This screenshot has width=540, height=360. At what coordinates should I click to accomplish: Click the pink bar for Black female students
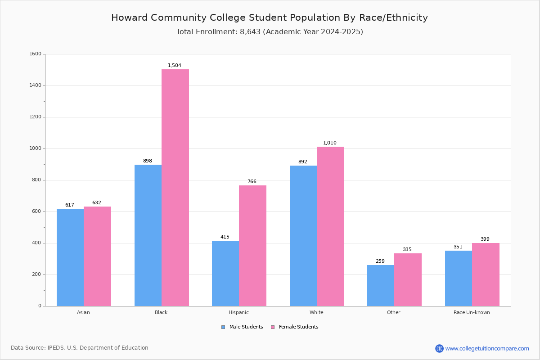tap(175, 188)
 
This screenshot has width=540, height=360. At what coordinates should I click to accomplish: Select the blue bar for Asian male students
tap(70, 257)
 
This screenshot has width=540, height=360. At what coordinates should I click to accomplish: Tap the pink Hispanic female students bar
tap(252, 246)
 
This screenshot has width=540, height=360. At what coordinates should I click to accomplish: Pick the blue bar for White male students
tap(303, 236)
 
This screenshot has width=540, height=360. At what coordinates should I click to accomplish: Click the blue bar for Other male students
tap(381, 286)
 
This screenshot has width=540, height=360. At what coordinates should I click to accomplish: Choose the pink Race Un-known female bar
tap(486, 274)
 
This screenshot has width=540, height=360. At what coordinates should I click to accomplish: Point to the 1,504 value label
tap(175, 65)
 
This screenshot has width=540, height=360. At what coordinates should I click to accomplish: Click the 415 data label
tap(225, 237)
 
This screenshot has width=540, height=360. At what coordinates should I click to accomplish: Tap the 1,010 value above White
tap(330, 143)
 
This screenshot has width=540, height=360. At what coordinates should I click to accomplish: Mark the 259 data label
tap(380, 261)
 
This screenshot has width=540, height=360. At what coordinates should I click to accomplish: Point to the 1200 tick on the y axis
tap(35, 117)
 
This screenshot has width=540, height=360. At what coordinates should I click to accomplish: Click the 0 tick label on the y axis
tap(40, 306)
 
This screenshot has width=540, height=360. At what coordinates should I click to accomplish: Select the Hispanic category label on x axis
tap(238, 312)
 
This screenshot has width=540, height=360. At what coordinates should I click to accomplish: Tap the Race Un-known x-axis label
tap(472, 312)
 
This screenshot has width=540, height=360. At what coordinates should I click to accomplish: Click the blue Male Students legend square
tap(223, 327)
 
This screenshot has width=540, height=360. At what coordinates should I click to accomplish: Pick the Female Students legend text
tap(298, 327)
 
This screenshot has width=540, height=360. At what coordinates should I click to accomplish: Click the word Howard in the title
tap(129, 18)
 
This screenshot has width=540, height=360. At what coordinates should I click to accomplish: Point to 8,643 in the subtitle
tap(250, 32)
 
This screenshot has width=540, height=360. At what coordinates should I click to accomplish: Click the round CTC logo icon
tap(439, 348)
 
